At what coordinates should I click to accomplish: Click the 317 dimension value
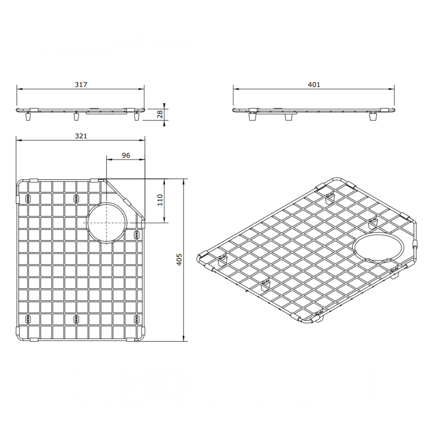(81, 85)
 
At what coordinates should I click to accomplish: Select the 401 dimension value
(314, 85)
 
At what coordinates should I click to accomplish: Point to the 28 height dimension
(159, 114)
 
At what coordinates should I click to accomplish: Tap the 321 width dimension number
(81, 136)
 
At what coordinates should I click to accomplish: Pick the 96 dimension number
(126, 155)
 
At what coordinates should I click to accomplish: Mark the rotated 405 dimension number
(179, 260)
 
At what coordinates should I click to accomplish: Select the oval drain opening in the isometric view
(379, 248)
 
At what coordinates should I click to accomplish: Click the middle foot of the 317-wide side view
(75, 117)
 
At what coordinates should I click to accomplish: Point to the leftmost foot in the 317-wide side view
(28, 117)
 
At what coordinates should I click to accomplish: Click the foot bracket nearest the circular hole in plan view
(136, 234)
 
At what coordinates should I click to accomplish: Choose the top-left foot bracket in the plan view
(28, 199)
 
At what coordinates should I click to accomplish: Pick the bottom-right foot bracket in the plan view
(136, 318)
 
